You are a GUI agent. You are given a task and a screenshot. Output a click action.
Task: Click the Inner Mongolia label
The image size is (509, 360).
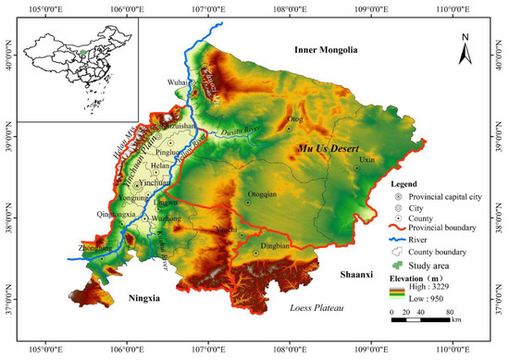tap(331, 49)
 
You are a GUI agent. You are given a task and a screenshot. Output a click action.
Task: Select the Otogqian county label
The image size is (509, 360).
tap(264, 195)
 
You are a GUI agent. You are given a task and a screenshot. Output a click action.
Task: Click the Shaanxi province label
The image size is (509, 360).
tap(349, 275)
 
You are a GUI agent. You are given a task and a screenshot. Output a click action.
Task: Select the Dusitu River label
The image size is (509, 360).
tap(243, 131)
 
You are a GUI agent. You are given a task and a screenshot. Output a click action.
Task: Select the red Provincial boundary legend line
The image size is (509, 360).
tap(396, 228)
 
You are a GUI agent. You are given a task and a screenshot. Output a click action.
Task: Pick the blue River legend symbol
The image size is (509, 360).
tap(396, 240)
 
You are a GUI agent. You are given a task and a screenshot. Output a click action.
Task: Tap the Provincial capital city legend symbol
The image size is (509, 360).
tap(397, 197)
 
